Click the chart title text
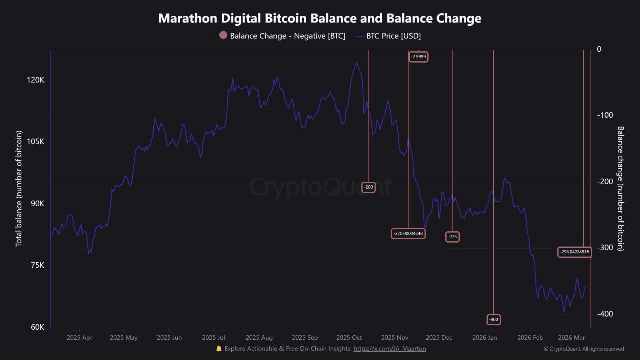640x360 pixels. (320, 18)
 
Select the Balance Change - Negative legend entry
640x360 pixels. (282, 36)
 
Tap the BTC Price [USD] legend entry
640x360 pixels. (388, 36)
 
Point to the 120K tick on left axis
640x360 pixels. (35, 80)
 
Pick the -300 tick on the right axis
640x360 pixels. (605, 247)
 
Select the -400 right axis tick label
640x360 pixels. (605, 314)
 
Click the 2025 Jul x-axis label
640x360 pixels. (213, 338)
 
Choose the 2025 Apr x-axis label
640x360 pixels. (79, 338)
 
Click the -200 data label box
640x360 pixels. (368, 187)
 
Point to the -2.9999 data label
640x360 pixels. (419, 57)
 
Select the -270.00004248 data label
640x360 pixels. (408, 233)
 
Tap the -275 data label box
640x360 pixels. (452, 236)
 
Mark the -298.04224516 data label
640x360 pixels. (574, 252)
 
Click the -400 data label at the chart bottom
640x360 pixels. (493, 319)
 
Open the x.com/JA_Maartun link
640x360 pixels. (390, 349)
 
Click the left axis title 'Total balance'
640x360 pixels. (19, 188)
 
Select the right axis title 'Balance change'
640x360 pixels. (621, 188)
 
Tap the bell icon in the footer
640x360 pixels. (219, 349)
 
